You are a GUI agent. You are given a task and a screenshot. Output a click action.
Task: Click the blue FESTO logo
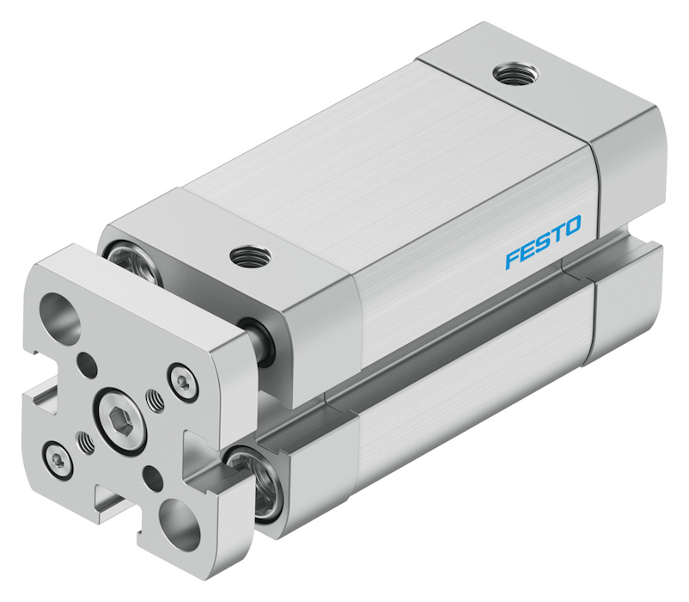click(543, 242)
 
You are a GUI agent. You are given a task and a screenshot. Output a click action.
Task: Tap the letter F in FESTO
click(513, 259)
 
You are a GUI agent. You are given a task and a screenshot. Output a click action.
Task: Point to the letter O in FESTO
click(571, 225)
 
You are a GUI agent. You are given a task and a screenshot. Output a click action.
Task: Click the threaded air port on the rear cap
click(515, 73)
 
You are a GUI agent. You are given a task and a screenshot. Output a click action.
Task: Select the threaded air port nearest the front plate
click(251, 255)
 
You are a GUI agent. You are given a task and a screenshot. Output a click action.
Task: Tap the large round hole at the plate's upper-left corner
click(60, 314)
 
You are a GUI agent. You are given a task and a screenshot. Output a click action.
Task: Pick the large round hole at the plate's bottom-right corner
click(180, 520)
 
